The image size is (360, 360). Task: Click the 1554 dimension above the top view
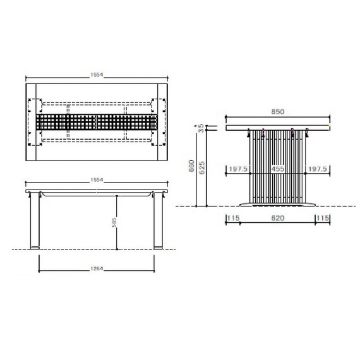coord(97,75)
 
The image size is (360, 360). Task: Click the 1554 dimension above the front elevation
coord(97,180)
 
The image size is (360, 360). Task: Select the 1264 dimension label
coord(97,268)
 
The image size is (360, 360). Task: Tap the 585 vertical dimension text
coord(114,222)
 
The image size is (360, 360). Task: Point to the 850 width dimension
coord(277,112)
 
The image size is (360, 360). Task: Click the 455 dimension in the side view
coord(277,169)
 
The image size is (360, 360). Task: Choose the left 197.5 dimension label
coord(238,169)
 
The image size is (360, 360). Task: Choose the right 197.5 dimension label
coord(317,169)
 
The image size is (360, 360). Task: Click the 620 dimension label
coord(277,218)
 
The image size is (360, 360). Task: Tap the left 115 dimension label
coord(233,218)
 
